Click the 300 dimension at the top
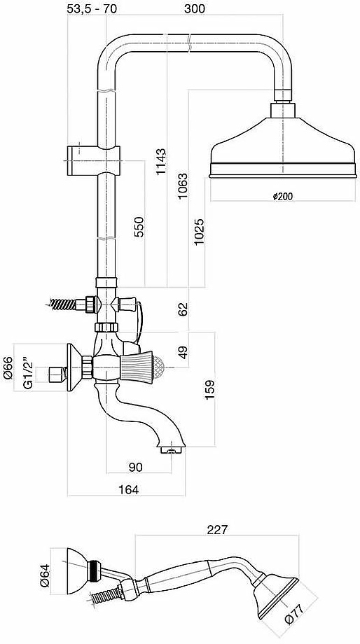point(194,8)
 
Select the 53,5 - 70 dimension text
point(92,8)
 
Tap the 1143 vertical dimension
point(162,162)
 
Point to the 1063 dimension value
point(183,186)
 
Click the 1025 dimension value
point(200,232)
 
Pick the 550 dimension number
point(139,227)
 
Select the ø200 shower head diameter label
point(283,196)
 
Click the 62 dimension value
point(183,309)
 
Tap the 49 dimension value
point(183,352)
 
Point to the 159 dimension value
point(209,390)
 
